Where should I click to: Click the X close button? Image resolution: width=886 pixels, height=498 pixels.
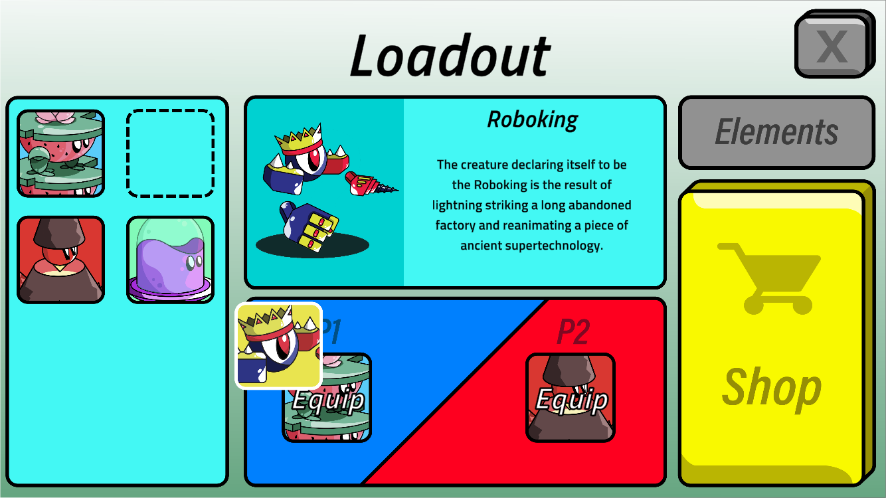pos(832,45)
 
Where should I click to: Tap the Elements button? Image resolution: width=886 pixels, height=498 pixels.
pos(776,132)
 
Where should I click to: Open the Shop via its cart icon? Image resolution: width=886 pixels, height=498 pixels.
pos(769,278)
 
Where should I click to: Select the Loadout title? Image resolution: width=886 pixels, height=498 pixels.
pos(450,56)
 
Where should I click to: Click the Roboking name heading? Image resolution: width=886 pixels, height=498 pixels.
pos(533,120)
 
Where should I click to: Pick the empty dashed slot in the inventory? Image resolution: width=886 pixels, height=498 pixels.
pos(171,153)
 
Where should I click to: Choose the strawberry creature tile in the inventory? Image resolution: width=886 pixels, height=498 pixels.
pos(61,153)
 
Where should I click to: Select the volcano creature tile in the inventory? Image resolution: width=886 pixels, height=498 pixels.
pos(61,260)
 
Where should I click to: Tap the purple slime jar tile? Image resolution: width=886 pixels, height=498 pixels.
pos(171,260)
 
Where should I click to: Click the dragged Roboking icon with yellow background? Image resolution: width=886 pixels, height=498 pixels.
pos(279,345)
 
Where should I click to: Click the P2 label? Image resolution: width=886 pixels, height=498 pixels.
pos(573,331)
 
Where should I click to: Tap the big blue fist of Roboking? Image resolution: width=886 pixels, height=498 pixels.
pos(309,226)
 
